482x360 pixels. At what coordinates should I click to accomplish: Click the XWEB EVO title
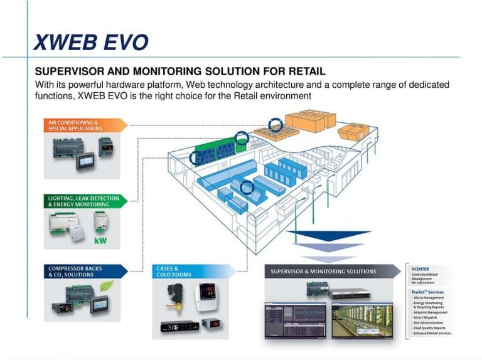tap(90, 42)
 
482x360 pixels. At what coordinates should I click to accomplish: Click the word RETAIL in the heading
tap(300, 71)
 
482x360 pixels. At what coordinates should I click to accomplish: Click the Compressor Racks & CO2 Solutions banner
tap(78, 272)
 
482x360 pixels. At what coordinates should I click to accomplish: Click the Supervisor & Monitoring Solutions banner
tap(326, 272)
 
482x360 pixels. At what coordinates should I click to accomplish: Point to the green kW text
tap(100, 240)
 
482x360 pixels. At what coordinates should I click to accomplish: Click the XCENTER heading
tap(420, 268)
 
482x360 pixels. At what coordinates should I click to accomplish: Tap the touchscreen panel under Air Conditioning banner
tap(85, 161)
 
